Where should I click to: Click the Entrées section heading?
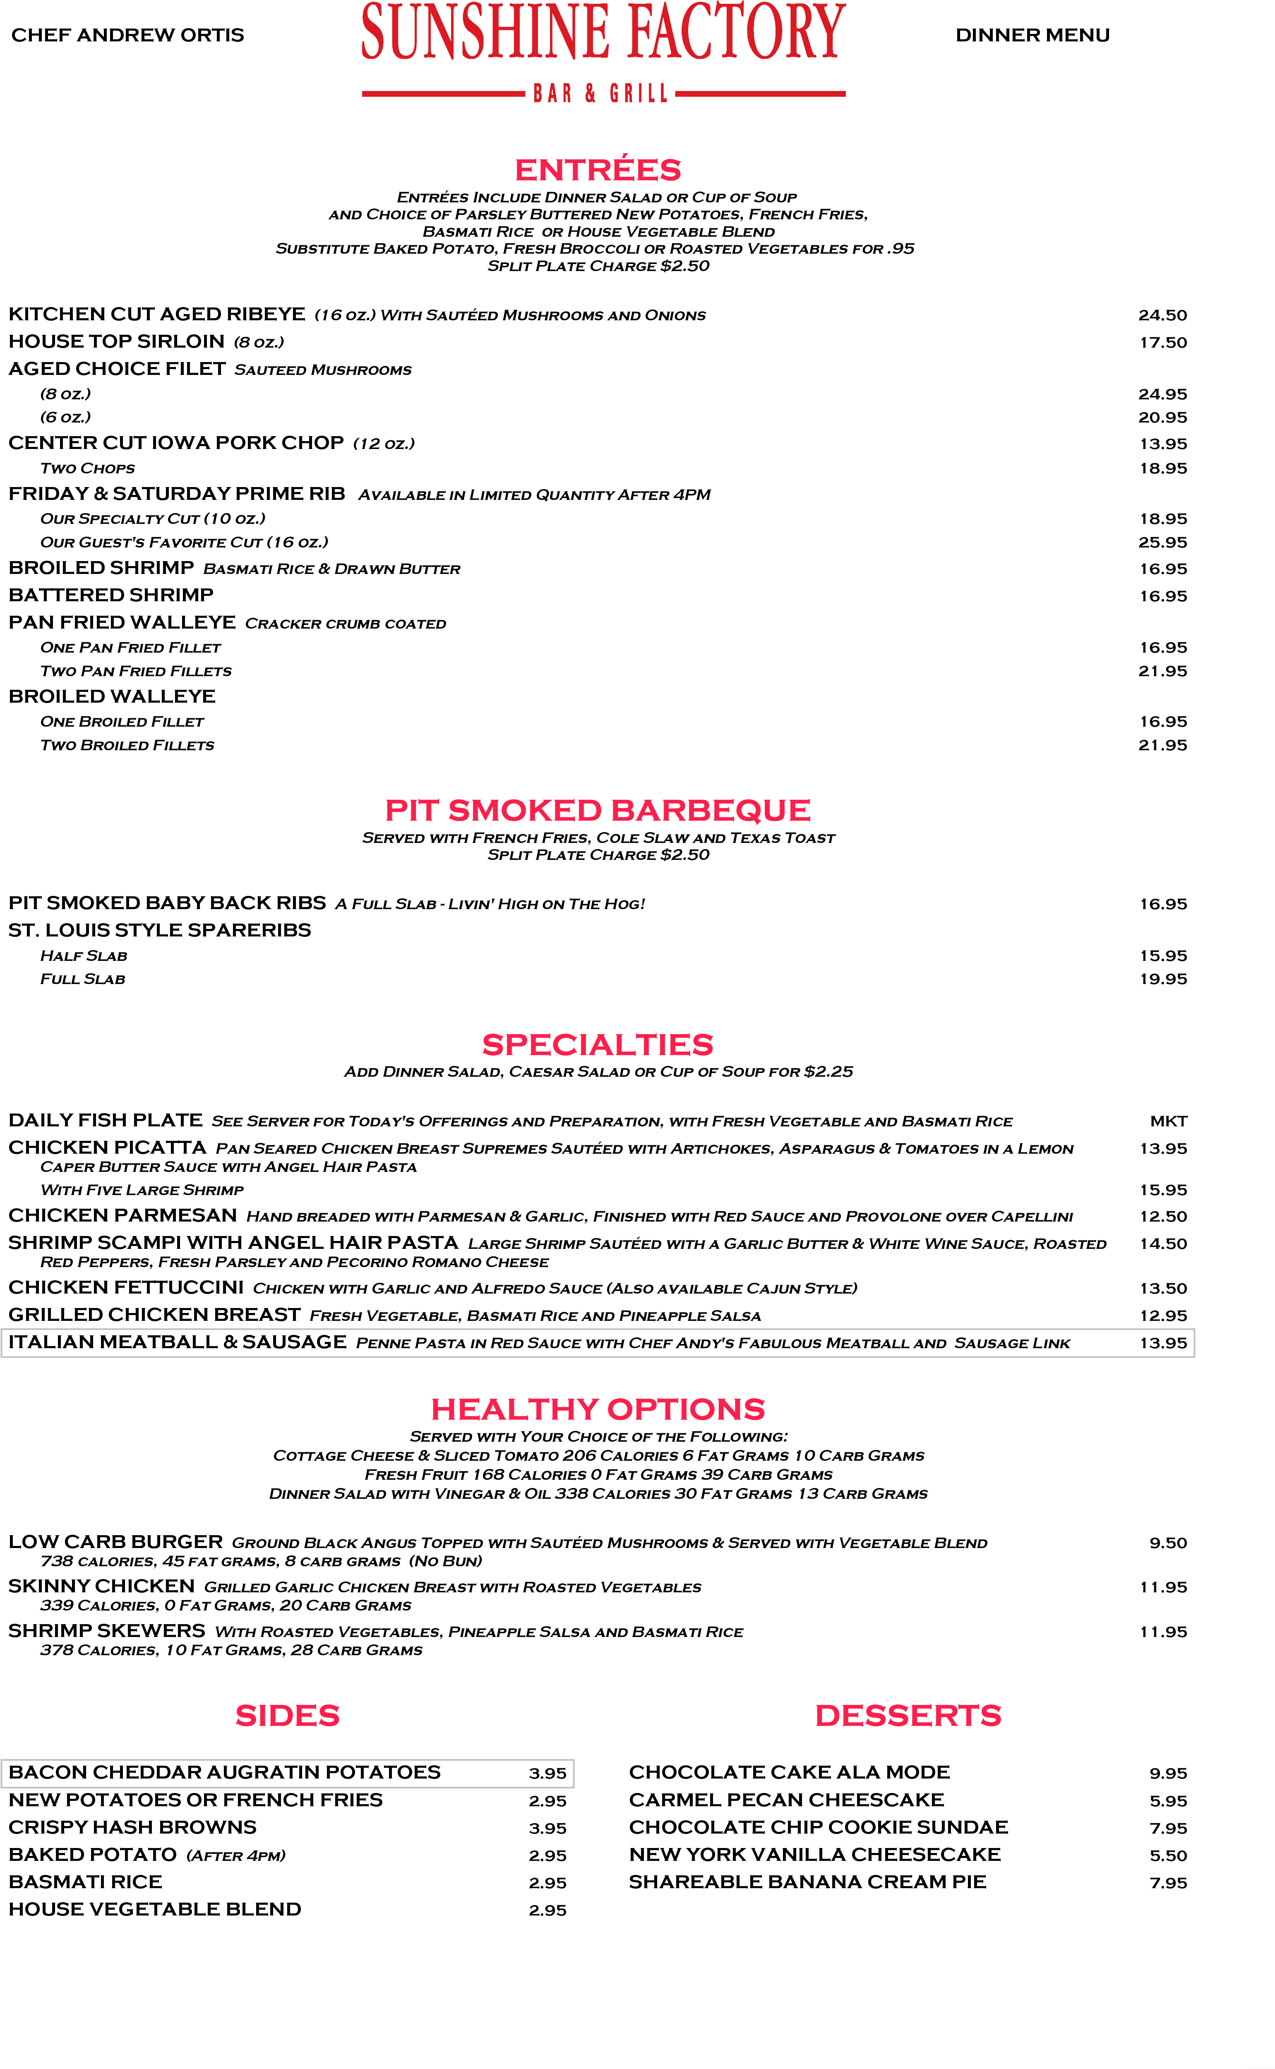coord(598,168)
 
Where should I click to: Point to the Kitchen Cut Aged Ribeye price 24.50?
coord(1163,315)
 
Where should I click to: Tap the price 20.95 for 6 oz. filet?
coord(1163,418)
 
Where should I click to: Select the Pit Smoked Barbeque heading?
coord(598,810)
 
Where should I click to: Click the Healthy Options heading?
coord(598,1409)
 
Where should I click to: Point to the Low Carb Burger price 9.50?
coord(1169,1543)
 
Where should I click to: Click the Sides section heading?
coord(288,1716)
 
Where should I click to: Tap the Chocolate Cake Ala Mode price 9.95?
coord(1169,1773)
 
